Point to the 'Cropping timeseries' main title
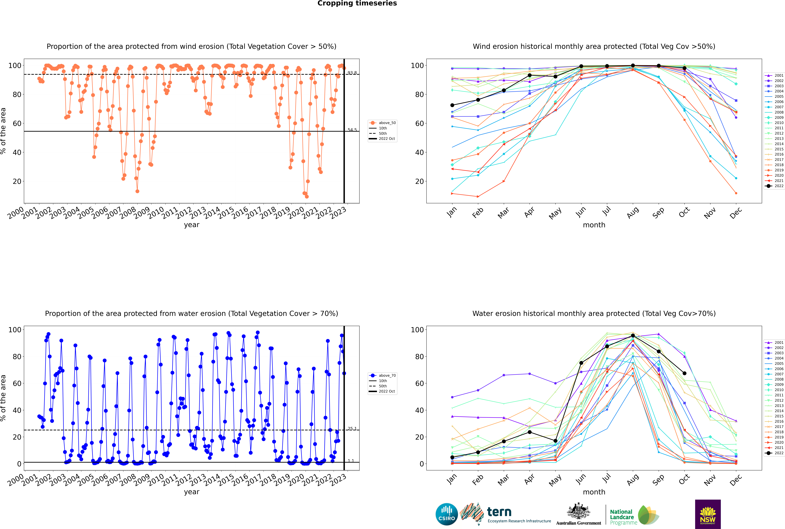tap(357, 3)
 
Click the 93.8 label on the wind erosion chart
tap(352, 73)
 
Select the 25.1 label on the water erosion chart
tap(352, 428)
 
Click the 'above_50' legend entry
tap(382, 123)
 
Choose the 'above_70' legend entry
tap(382, 376)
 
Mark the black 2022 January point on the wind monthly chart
tap(452, 105)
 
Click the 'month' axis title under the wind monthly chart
tap(594, 225)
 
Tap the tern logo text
tap(499, 512)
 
